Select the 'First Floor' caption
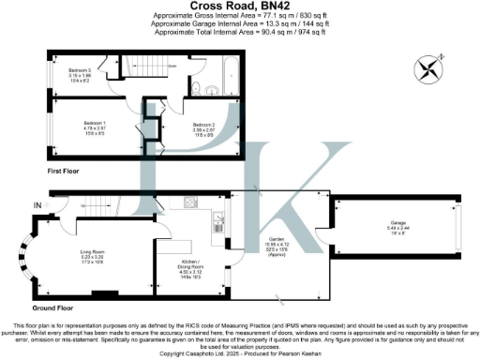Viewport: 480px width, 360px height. click(67, 172)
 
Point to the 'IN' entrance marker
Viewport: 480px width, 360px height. click(37, 204)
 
